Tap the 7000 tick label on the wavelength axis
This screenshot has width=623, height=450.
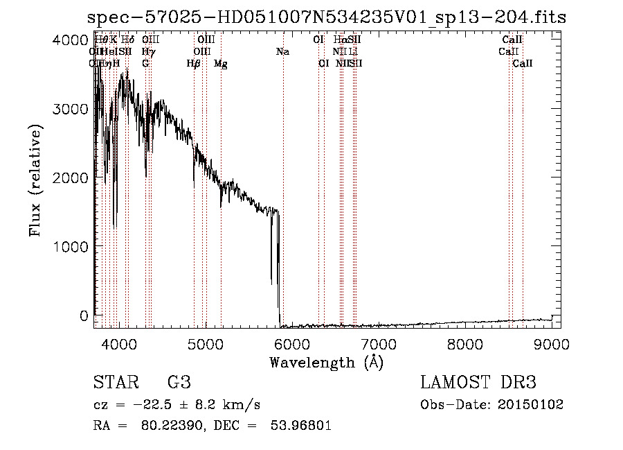[x=377, y=343]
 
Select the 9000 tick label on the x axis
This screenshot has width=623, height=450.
[x=551, y=343]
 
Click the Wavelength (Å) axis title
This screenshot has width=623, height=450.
[x=326, y=362]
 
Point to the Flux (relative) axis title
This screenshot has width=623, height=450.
[x=35, y=180]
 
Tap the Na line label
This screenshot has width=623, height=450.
[x=282, y=51]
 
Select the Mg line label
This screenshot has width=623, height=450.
[x=221, y=64]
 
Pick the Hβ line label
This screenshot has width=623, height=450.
[x=194, y=64]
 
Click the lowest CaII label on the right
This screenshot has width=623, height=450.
[x=523, y=64]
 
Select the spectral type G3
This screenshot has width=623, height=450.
[x=179, y=383]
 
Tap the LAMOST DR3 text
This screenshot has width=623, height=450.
[x=478, y=383]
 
